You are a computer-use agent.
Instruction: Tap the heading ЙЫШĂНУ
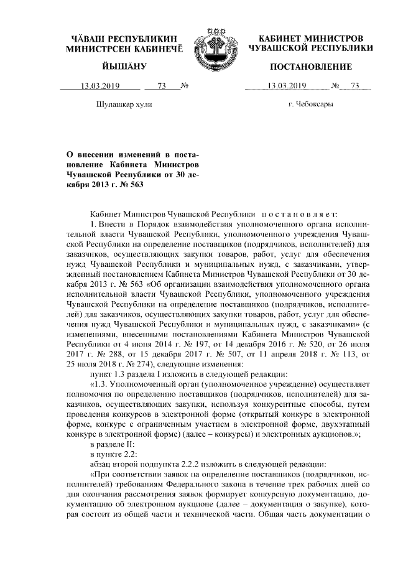(x=120, y=67)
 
